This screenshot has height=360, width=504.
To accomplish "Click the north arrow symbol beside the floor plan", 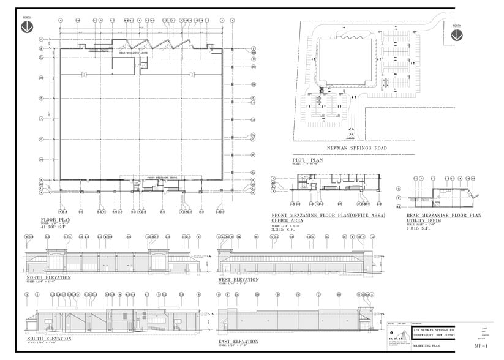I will pos(27,27).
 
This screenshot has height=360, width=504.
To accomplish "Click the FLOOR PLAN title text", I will pos(56,219).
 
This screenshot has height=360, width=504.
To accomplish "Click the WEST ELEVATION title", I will pos(238,280).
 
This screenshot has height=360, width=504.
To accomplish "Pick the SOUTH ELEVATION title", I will pos(49,338).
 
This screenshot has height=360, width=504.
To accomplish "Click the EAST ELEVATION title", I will pos(238,341).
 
